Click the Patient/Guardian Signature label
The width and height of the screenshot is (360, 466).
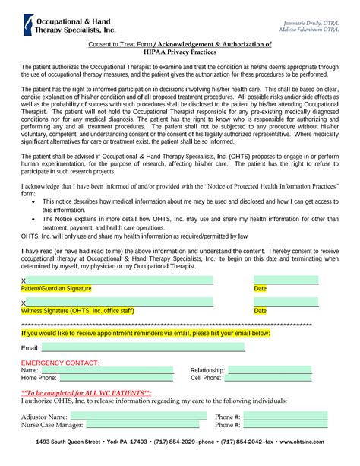[56, 289]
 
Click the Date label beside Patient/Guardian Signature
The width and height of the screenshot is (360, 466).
[260, 289]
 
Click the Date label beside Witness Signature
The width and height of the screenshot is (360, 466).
[260, 311]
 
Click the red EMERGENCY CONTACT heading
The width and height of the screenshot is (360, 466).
[59, 363]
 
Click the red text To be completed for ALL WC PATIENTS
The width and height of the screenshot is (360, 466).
[86, 392]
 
